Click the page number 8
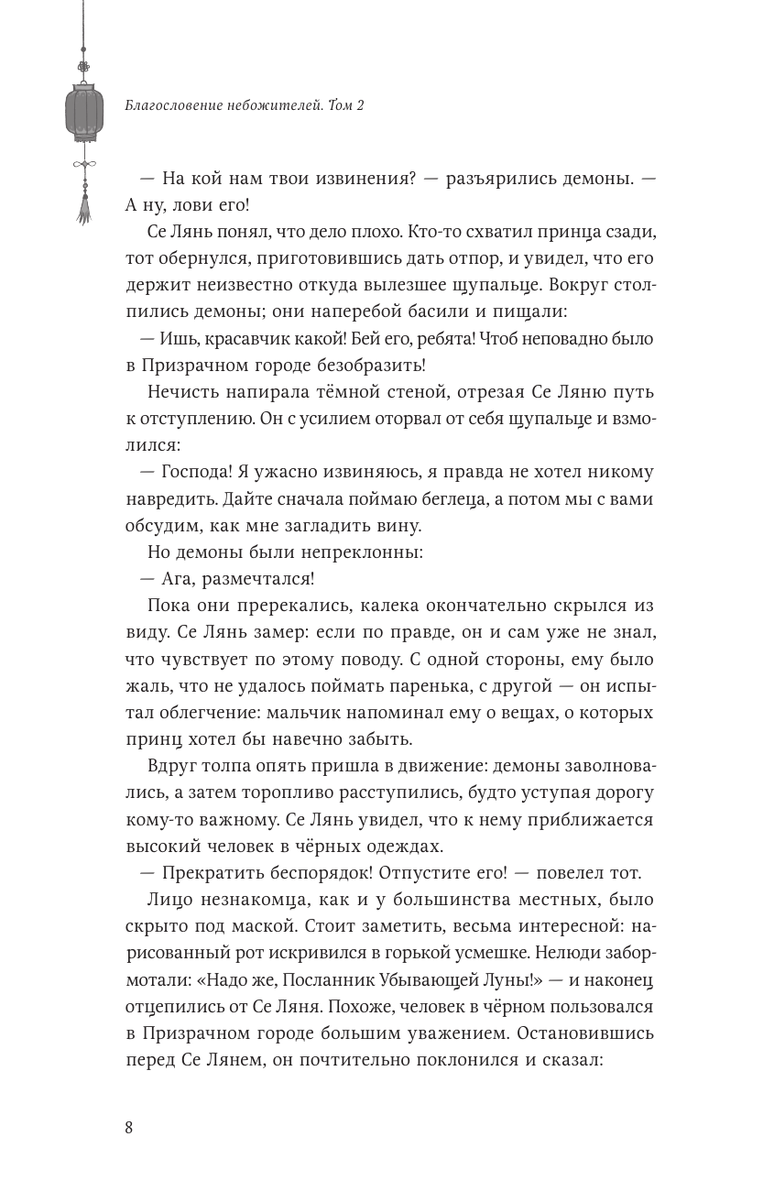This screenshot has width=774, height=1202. point(129,1128)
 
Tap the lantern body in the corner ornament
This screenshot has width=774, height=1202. point(84,112)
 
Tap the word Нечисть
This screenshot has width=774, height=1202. point(182,392)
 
